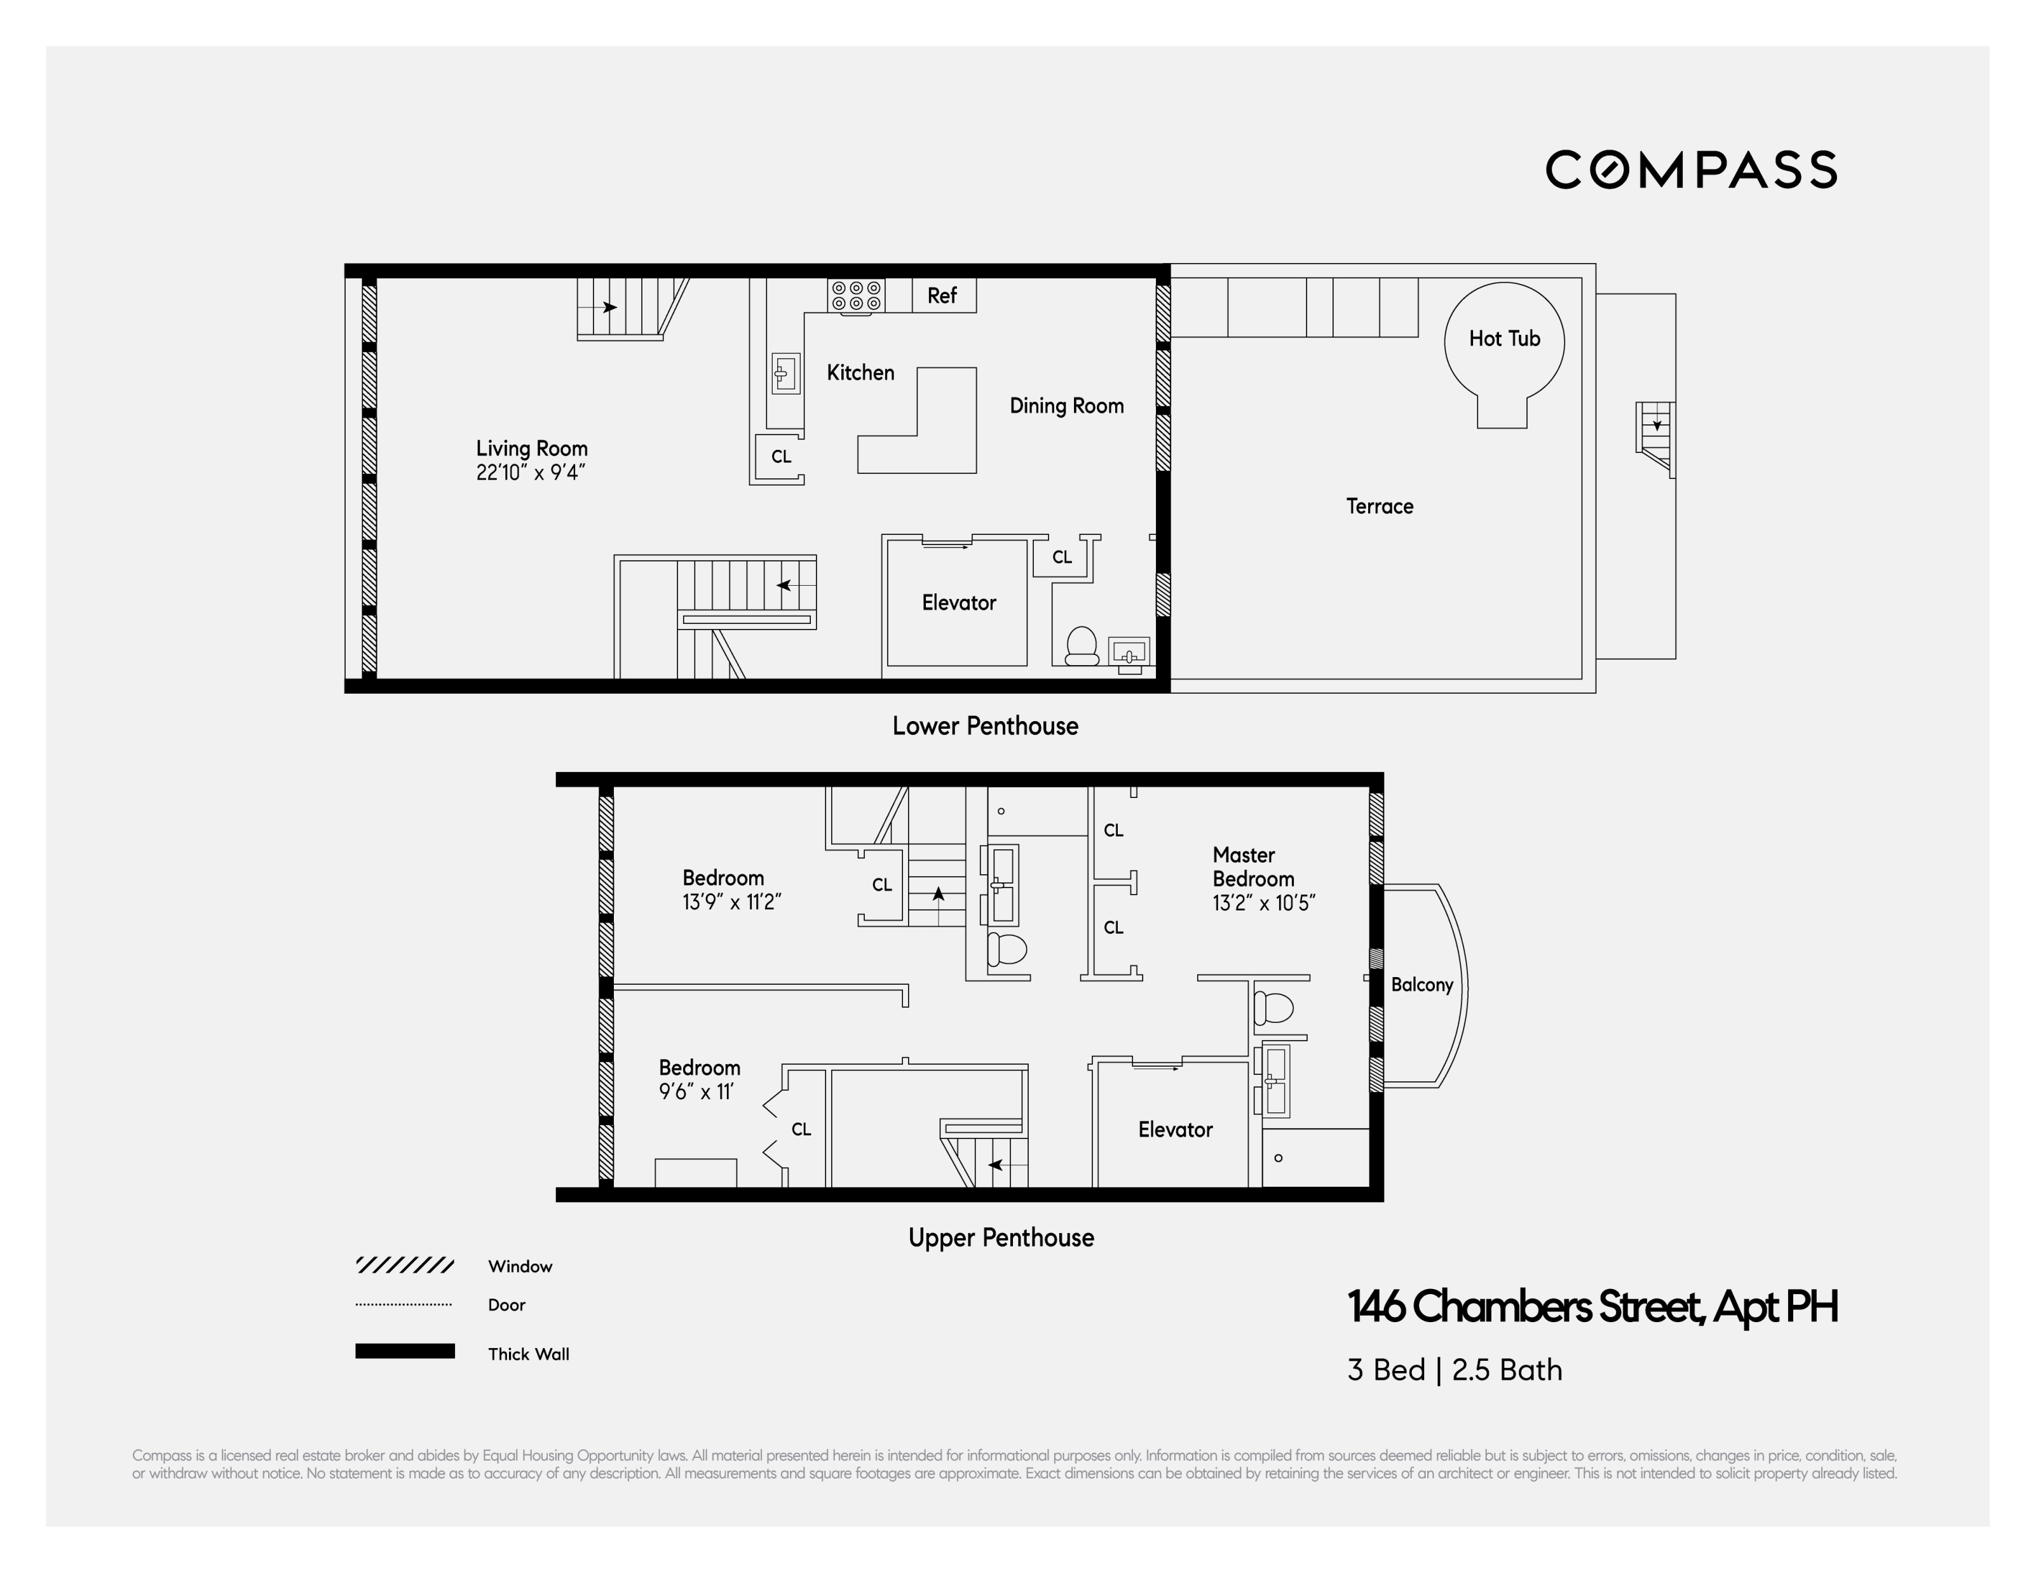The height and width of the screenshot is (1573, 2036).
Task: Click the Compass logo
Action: tap(1690, 170)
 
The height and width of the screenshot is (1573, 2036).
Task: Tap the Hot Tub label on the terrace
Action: tap(1503, 338)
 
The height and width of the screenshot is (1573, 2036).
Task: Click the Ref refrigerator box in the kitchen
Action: tap(942, 295)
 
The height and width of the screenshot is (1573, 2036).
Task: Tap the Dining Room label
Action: tap(1066, 407)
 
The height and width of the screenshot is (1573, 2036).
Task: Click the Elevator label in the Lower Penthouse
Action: tap(958, 603)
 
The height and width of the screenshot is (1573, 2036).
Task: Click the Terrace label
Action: tap(1379, 507)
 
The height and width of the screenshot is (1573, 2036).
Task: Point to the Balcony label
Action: tap(1421, 985)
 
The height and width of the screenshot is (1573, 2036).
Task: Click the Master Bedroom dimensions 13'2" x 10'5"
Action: tap(1263, 903)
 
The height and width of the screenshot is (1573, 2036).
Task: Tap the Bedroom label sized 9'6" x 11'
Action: tap(699, 1068)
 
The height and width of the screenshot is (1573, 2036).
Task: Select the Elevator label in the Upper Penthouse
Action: tap(1174, 1130)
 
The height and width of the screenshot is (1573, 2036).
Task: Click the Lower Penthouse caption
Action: tap(984, 726)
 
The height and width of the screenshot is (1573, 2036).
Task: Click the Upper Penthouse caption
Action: tap(1000, 1238)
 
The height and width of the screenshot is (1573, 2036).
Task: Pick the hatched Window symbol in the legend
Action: tap(405, 1266)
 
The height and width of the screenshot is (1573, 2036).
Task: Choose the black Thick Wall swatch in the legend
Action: tap(405, 1351)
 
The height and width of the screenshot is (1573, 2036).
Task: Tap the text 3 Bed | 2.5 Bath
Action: tap(1455, 1370)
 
